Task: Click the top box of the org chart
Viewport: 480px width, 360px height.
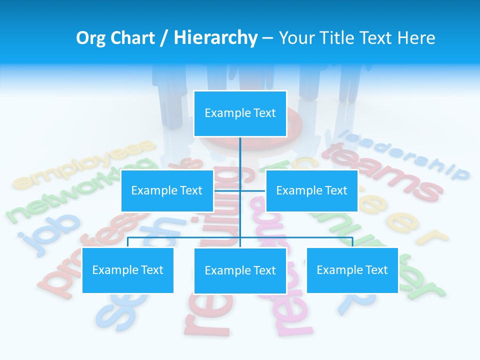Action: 240,113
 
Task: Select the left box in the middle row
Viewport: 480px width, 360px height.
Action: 167,190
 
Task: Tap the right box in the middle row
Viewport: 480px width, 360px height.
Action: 311,190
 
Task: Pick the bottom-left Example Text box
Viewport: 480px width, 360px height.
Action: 128,270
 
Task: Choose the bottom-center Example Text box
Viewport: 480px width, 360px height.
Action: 240,270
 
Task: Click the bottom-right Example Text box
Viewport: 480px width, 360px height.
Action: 352,270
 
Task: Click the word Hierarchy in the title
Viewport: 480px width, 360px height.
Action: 215,38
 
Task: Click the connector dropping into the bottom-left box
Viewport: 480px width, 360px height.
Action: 128,242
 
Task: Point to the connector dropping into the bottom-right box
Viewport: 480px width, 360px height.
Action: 352,242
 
